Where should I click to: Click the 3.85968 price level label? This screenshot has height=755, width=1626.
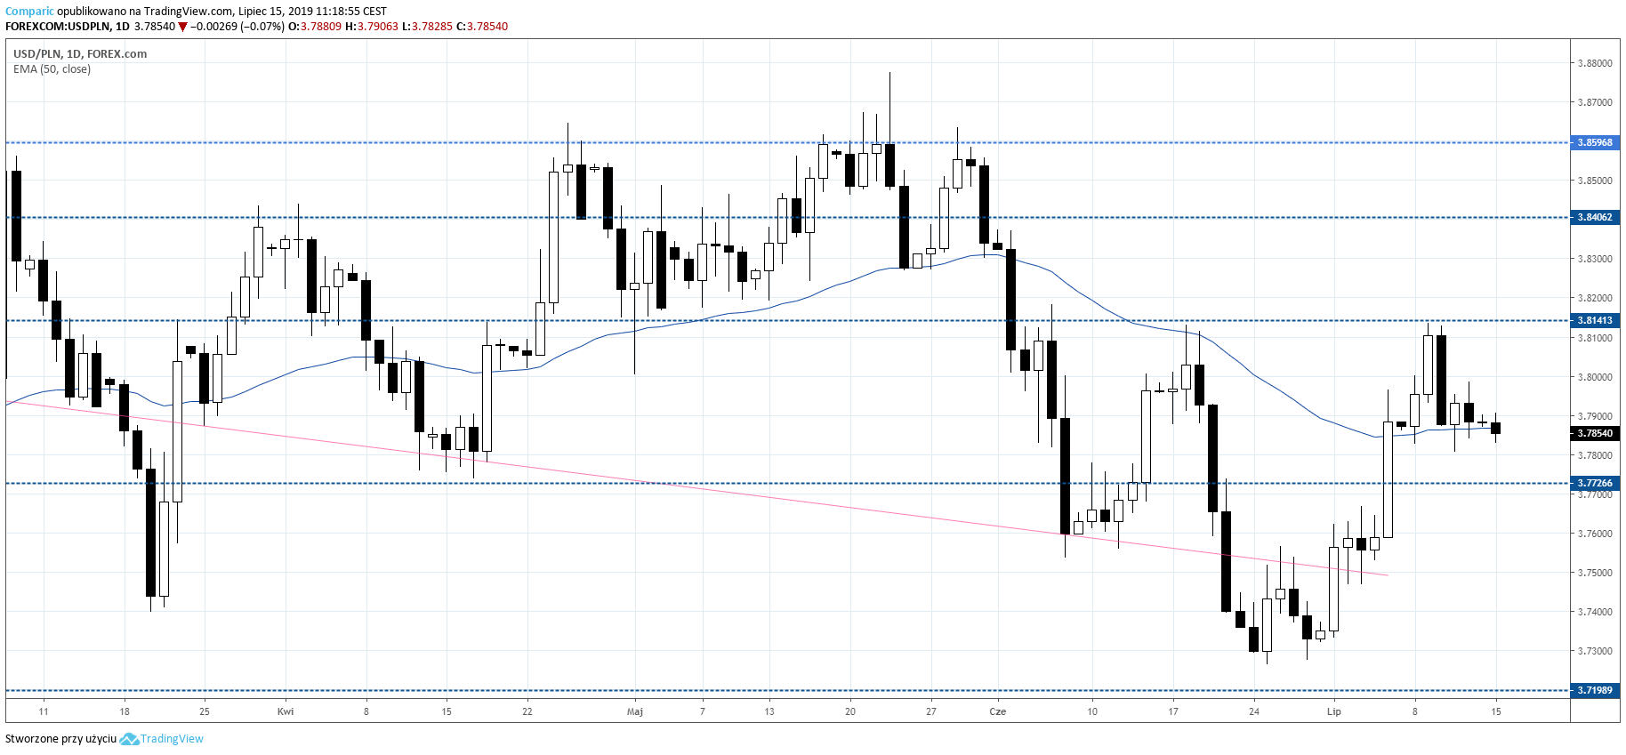coord(1594,142)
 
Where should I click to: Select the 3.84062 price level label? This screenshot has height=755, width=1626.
coord(1594,217)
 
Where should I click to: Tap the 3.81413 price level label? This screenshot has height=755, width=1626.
coord(1594,320)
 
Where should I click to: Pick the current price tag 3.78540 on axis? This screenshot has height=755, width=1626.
coord(1594,433)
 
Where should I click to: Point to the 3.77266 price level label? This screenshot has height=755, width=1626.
coord(1594,483)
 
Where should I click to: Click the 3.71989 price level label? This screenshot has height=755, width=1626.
coord(1594,690)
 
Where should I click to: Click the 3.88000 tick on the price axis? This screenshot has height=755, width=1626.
coord(1594,63)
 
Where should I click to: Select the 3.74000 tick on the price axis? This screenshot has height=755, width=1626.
coord(1594,612)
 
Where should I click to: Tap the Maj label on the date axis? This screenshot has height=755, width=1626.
coord(634,711)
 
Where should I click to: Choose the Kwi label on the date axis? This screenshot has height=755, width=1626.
coord(286,711)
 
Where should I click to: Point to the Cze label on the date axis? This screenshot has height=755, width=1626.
coord(998,711)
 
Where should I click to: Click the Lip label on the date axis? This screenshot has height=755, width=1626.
coord(1333,711)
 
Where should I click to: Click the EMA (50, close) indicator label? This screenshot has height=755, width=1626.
coord(52,69)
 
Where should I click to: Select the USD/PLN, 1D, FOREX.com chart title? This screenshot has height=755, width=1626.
coord(80,53)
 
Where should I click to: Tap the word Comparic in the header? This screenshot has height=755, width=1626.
coord(29,12)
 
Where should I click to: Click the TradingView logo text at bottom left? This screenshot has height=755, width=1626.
coord(172,739)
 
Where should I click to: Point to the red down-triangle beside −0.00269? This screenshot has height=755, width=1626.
coord(182,27)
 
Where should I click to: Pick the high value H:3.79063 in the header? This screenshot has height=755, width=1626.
coord(372,27)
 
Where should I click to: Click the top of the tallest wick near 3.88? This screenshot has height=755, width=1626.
coord(889,73)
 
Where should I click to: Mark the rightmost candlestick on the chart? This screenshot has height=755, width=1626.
coord(1496,428)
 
